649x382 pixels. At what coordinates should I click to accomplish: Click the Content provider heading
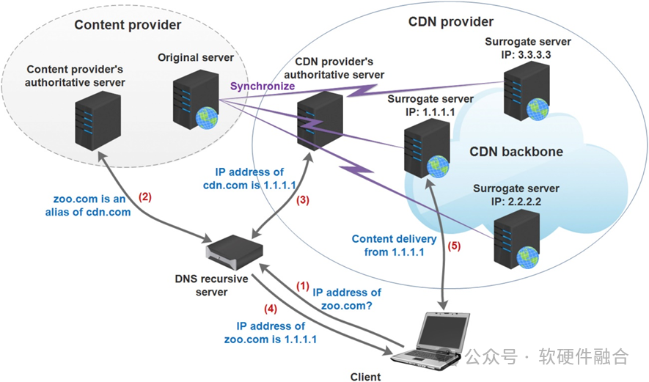pos(128,25)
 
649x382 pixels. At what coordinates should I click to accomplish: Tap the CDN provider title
pos(450,21)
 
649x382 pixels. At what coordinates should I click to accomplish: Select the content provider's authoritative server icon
pos(98,122)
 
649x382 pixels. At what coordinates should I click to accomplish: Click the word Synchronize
pos(263,86)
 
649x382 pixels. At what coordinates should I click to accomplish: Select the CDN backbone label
pos(516,152)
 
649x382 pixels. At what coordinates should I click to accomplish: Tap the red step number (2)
pos(145,197)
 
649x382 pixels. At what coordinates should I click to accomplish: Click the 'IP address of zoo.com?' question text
pos(347,298)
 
